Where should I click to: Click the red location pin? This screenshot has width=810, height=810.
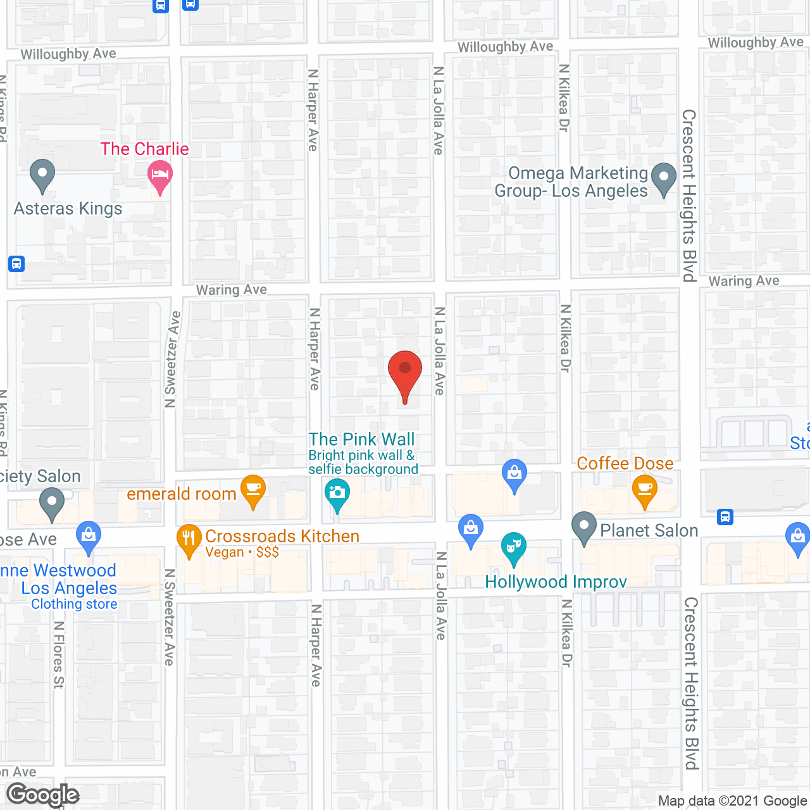[x=404, y=373]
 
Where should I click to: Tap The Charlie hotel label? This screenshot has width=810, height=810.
[x=144, y=149]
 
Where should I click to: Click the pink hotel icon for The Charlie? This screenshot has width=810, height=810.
[x=159, y=175]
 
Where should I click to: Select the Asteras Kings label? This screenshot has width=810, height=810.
[x=68, y=209]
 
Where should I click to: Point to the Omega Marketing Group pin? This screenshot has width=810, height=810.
[x=663, y=178]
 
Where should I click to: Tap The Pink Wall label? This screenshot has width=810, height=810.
[x=361, y=439]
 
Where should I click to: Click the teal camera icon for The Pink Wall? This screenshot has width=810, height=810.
[x=337, y=494]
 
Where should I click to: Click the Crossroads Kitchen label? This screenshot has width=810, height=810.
[x=282, y=536]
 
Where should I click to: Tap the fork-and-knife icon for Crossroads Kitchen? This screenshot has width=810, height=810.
[x=189, y=540]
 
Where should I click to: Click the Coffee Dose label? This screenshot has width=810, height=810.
[x=625, y=463]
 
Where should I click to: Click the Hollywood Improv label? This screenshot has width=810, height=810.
[x=556, y=582]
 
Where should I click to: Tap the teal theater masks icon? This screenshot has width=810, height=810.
[x=513, y=547]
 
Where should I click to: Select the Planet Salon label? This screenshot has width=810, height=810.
[x=649, y=530]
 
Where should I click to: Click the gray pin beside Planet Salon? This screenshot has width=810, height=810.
[x=583, y=527]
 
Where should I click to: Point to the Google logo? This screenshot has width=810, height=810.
[x=43, y=795]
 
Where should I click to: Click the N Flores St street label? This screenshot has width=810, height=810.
[x=59, y=654]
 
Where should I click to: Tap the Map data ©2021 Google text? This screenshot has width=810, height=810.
[x=732, y=801]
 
